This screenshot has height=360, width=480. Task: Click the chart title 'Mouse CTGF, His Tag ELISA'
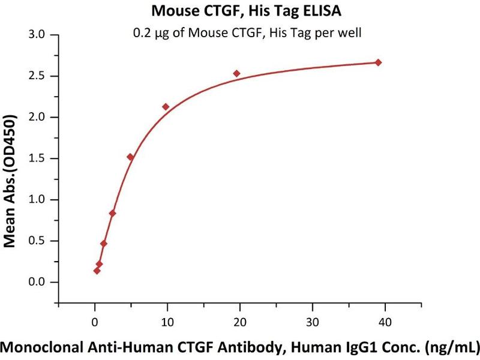239,11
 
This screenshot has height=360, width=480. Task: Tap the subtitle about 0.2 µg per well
247,34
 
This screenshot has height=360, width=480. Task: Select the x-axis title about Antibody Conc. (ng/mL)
240,346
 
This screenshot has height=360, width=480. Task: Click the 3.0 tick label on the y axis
37,35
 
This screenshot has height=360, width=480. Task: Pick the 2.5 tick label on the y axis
37,76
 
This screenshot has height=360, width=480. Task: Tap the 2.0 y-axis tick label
37,118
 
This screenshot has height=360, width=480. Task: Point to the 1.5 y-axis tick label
37,158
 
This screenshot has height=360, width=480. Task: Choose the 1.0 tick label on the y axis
37,200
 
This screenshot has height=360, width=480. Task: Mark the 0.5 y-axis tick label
37,241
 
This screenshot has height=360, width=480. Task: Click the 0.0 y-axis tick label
37,282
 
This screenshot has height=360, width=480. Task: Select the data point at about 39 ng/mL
378,62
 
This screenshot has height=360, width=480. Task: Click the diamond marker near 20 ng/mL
236,74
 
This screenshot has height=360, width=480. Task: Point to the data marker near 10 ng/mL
166,107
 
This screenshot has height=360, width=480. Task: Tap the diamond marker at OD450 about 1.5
130,157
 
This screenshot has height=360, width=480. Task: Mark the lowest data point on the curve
97,271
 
